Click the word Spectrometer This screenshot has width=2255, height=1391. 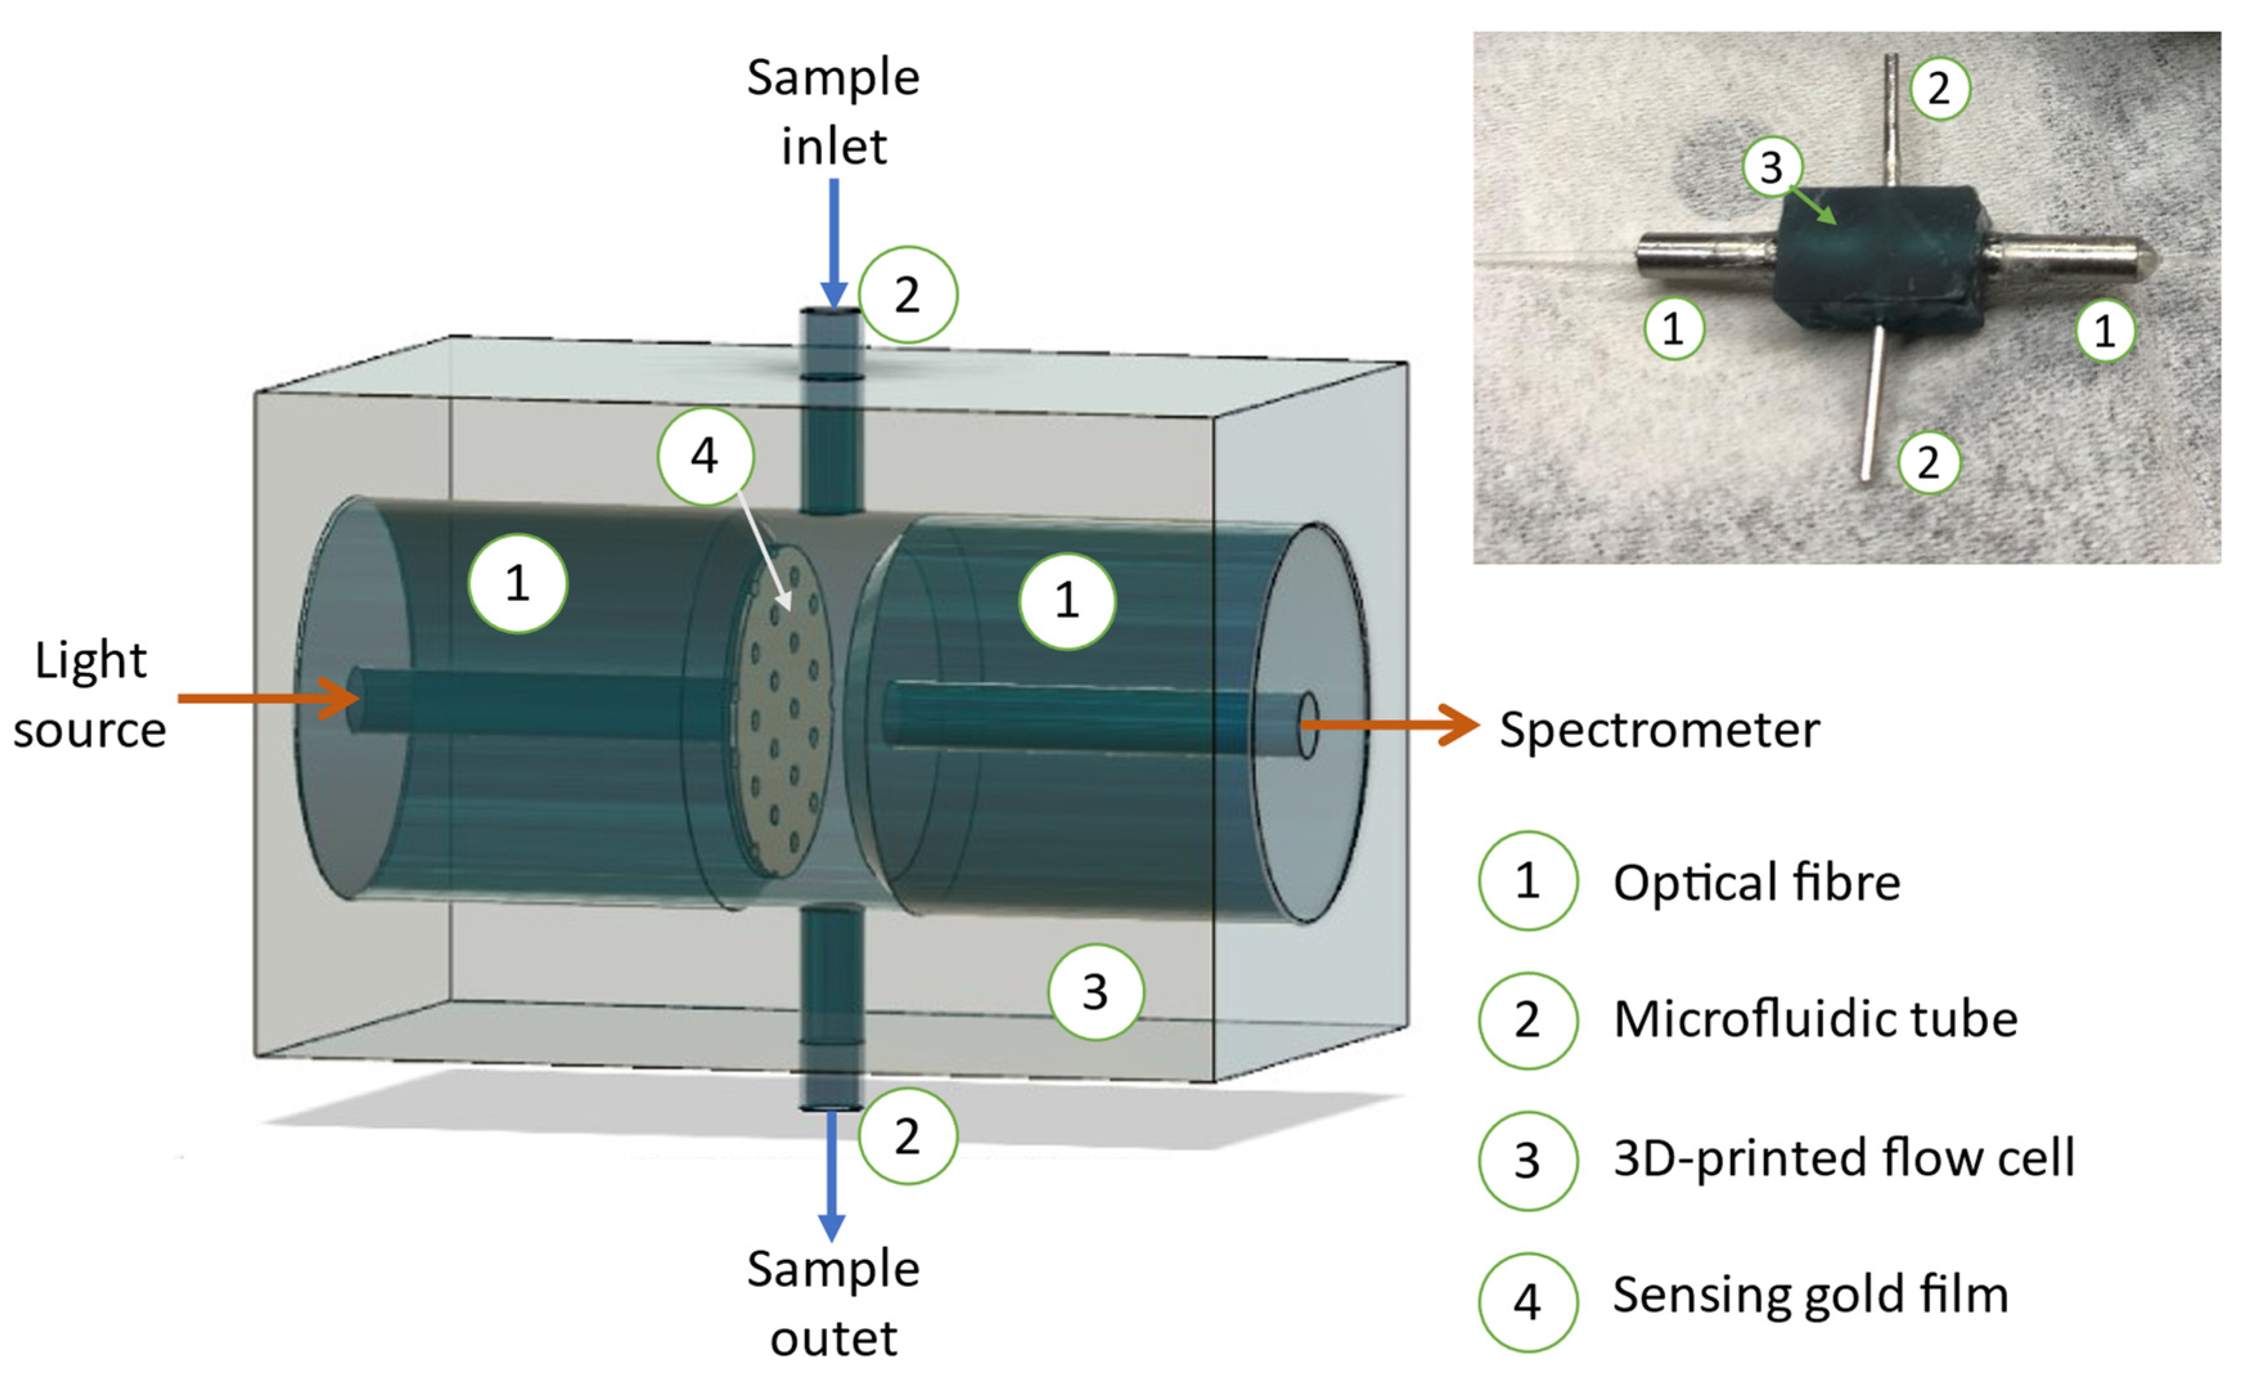1659,730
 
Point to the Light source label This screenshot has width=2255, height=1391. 90,695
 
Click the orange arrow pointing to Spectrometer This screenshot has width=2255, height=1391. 1389,725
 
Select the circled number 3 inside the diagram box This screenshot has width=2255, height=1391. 1095,992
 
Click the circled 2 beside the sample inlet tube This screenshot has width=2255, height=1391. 907,294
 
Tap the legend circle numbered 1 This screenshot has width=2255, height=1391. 1527,881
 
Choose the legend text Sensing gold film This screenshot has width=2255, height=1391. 1810,1295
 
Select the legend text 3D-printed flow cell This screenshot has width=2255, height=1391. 1844,1157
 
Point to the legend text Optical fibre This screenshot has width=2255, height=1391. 1756,883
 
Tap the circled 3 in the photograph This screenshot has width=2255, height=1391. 1771,167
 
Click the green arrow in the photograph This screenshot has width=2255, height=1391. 1813,204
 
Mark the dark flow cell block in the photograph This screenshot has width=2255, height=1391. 1877,262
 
